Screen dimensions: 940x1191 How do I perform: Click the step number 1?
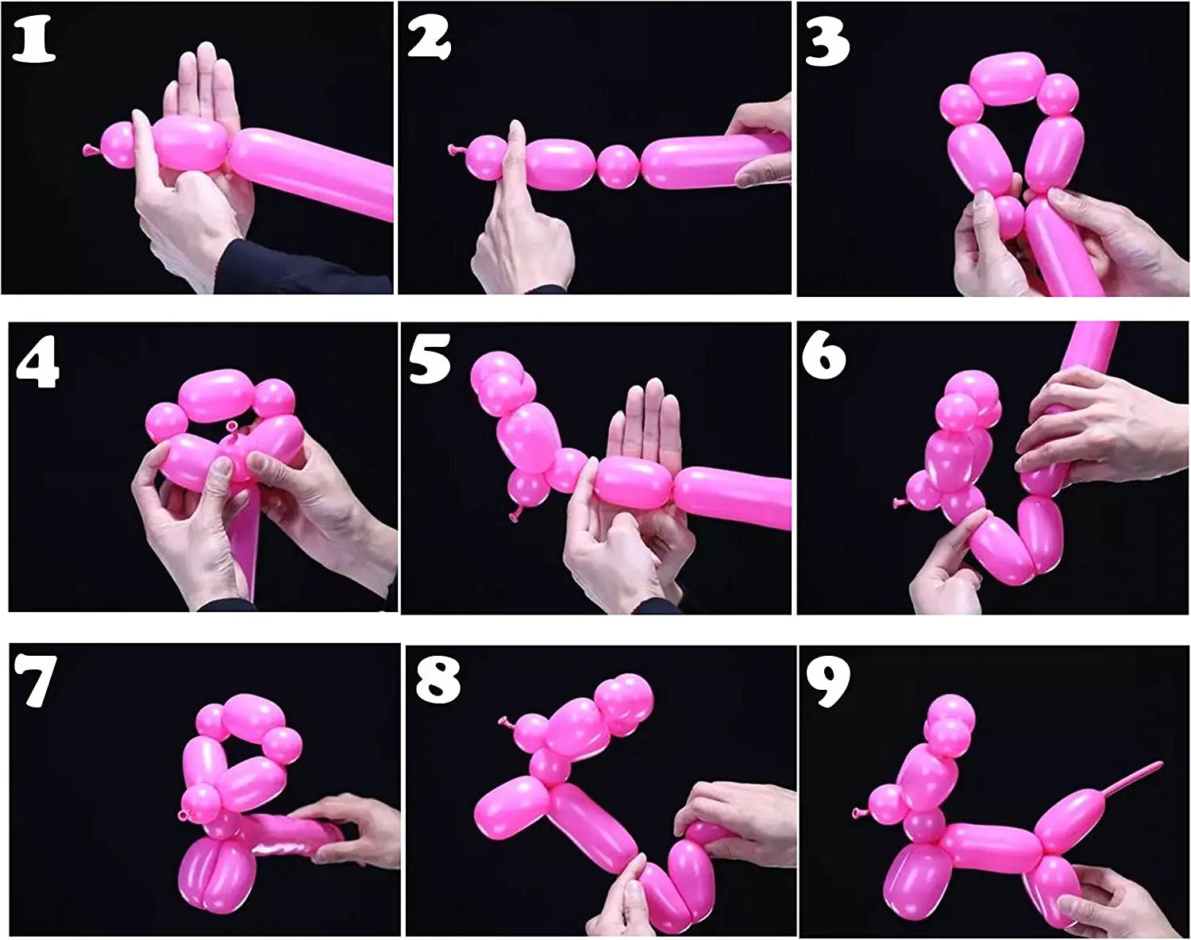tap(33, 42)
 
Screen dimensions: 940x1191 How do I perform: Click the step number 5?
tap(430, 358)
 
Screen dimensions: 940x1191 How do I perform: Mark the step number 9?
tap(828, 681)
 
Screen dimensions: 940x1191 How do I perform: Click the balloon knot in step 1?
tap(88, 148)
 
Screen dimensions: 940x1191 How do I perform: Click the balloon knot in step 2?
tap(455, 148)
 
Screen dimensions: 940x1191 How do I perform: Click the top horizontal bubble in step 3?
tap(1007, 78)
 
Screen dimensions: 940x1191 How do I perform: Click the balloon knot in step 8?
tap(503, 722)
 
